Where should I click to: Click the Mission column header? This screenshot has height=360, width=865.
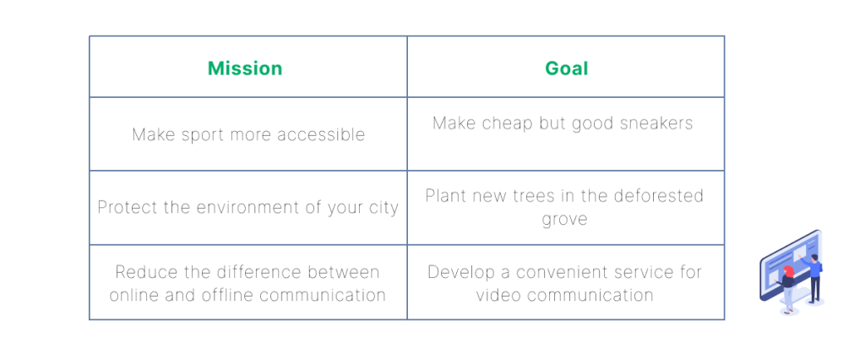(245, 68)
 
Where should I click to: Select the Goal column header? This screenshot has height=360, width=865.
(567, 68)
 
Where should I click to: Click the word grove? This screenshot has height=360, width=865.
(564, 219)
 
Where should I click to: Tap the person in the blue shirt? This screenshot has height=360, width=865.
(813, 276)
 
